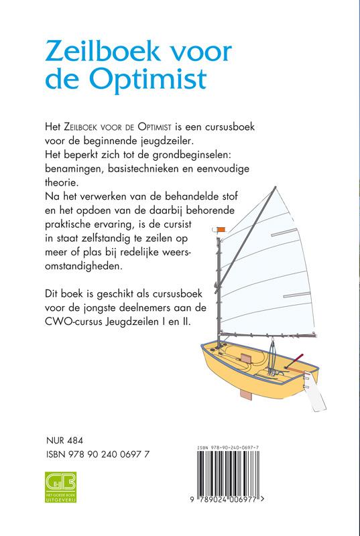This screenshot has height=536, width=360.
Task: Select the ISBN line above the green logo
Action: pyautogui.click(x=100, y=456)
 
